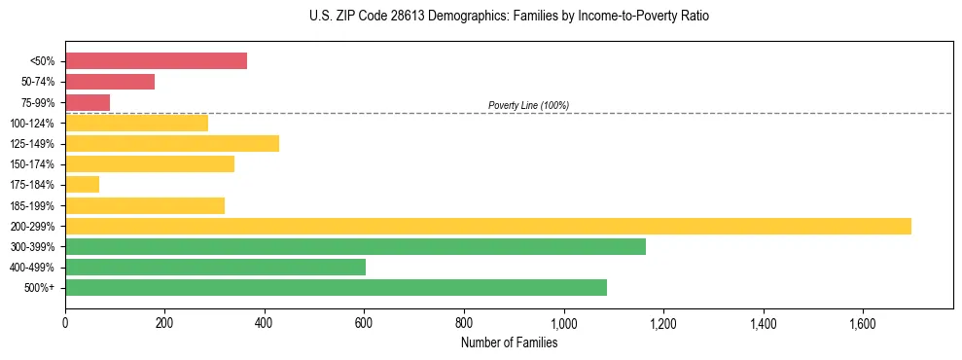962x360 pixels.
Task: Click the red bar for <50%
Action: [x=156, y=61]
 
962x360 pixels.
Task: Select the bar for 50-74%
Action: [x=110, y=82]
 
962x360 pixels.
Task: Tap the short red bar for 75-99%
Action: [x=88, y=102]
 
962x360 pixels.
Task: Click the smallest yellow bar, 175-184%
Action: [x=83, y=184]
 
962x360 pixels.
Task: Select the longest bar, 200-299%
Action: [x=487, y=226]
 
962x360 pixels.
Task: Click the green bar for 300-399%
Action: [x=355, y=246]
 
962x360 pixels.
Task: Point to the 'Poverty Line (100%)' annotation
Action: [x=528, y=105]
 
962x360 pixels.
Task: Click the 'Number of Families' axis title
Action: [x=509, y=342]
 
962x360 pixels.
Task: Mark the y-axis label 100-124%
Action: [x=32, y=124]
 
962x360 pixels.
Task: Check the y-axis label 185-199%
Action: [x=32, y=205]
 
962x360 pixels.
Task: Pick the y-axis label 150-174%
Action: [x=32, y=164]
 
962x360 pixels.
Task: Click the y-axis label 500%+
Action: [x=40, y=288]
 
